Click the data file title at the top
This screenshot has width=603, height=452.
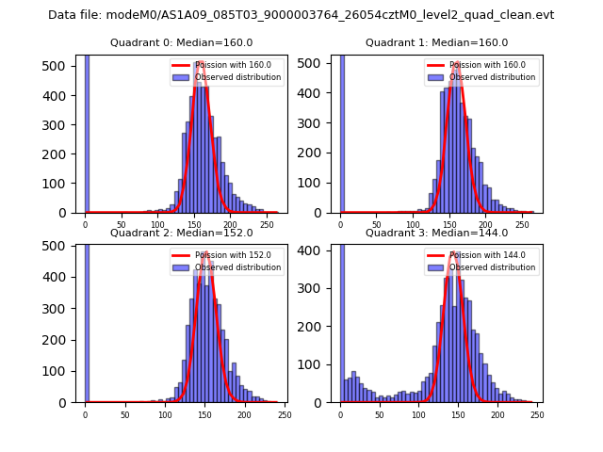point(301,15)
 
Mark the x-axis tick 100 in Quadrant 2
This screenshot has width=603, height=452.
point(165,414)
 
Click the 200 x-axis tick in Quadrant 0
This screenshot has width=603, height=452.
point(194,225)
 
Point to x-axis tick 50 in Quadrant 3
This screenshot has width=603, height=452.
point(380,414)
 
